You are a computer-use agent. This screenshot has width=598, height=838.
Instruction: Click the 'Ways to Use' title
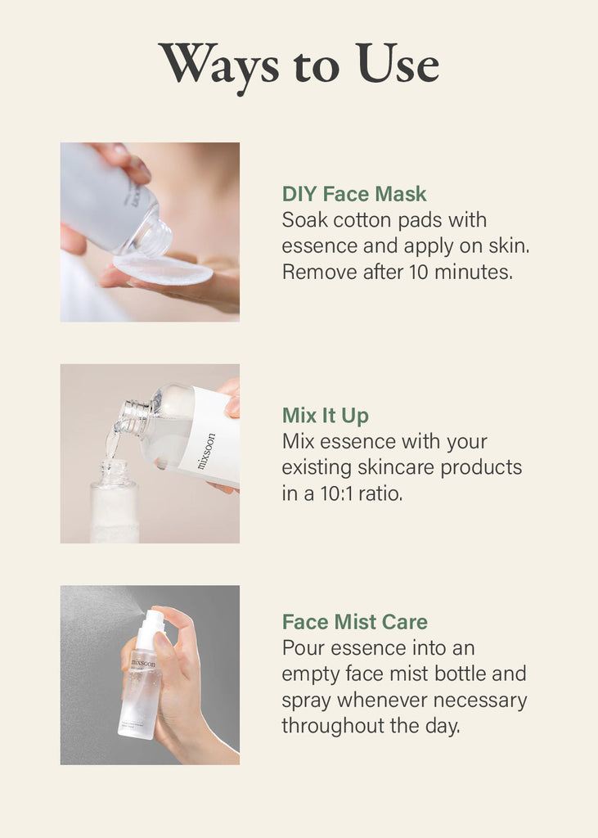coord(299,65)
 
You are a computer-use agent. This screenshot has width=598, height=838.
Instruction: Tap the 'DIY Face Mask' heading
coord(354,193)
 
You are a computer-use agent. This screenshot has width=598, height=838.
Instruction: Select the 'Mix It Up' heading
coord(326,416)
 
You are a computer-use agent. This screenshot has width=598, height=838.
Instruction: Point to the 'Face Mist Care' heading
coord(355,622)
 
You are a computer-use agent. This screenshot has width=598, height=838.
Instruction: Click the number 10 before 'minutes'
coord(419,272)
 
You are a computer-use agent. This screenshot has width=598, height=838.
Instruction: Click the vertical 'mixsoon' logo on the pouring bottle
coord(206,451)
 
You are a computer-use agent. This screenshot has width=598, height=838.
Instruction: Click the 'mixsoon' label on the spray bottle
coord(143,663)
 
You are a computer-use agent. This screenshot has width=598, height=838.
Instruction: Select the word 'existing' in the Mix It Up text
coord(317,467)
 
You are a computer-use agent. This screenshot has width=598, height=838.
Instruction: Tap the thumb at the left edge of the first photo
coord(73,240)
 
